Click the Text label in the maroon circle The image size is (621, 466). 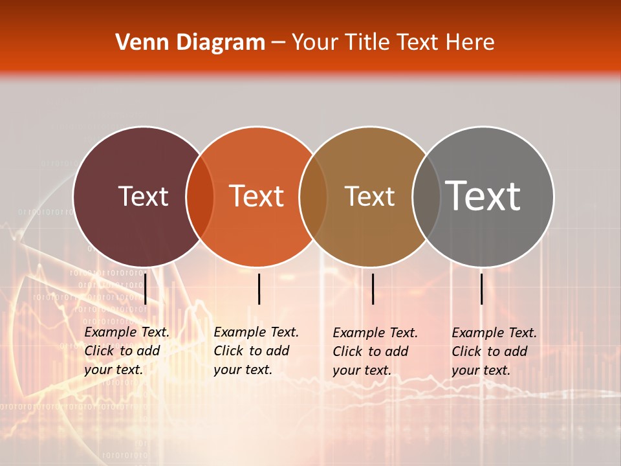[x=144, y=196]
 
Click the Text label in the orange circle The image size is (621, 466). [x=257, y=196]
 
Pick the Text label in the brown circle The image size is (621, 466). [x=369, y=196]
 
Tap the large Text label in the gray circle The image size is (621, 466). [x=483, y=196]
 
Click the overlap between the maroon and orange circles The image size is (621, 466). [x=200, y=196]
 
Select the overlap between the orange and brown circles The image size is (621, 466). [x=313, y=196]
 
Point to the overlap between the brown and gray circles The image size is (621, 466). [x=425, y=196]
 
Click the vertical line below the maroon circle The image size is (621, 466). [x=146, y=289]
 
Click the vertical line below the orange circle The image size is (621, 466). [x=259, y=289]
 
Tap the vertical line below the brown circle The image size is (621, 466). [x=373, y=289]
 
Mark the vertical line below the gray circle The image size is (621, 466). [x=481, y=289]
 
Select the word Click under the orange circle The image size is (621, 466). [x=228, y=351]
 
